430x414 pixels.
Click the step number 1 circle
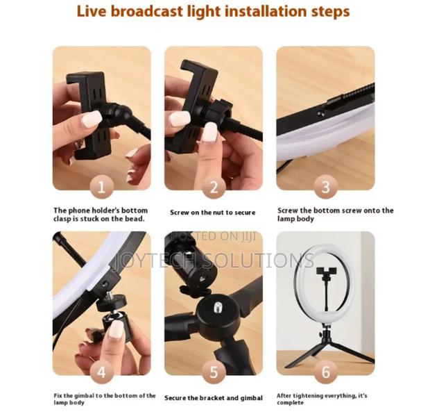pos(101,187)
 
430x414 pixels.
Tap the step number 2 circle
pos(214,187)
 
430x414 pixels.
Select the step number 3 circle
pos(325,187)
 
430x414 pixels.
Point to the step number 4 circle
pos(101,372)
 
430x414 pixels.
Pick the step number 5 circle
pos(214,372)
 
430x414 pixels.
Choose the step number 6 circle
pos(325,372)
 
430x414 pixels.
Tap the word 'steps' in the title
pos(325,12)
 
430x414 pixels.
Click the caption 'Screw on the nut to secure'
pos(212,213)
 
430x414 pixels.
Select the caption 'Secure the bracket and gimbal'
pos(213,398)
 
